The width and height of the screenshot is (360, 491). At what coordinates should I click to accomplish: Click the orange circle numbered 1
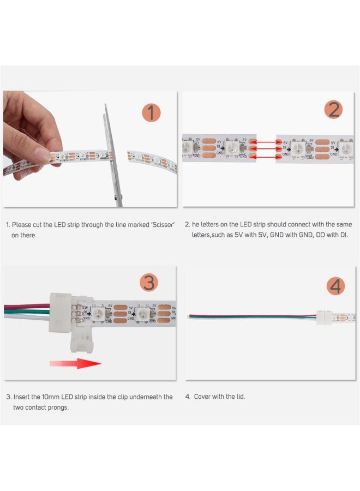pyautogui.click(x=152, y=113)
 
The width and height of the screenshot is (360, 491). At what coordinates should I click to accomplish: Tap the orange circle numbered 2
pyautogui.click(x=333, y=110)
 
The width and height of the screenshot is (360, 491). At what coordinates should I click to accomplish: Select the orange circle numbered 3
pyautogui.click(x=149, y=282)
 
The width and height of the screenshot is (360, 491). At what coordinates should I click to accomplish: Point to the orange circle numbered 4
pyautogui.click(x=337, y=286)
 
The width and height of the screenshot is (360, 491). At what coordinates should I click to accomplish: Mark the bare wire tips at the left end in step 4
pyautogui.click(x=189, y=316)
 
